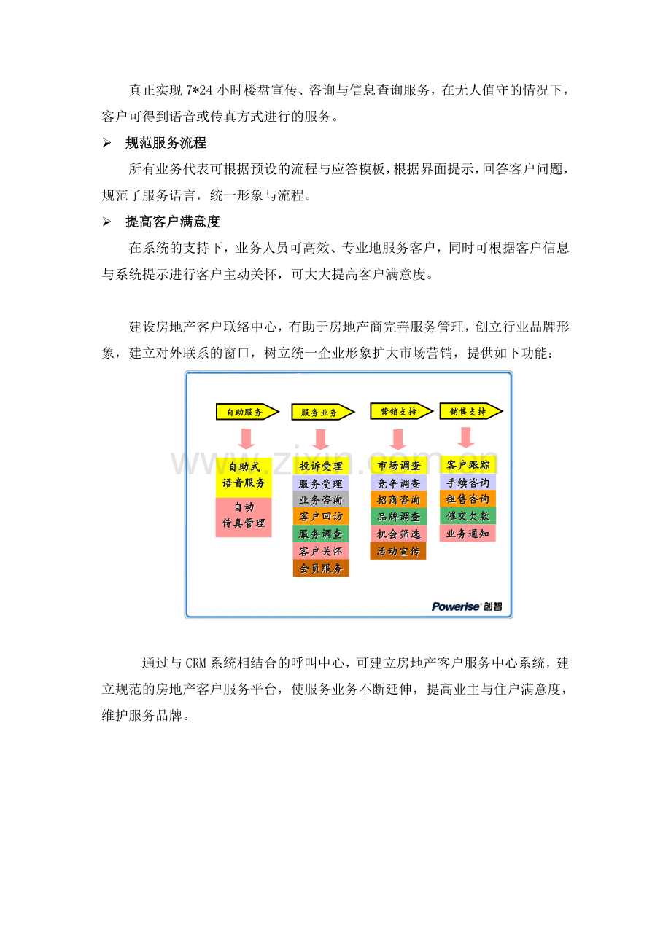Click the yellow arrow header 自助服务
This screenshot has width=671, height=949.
[x=247, y=411]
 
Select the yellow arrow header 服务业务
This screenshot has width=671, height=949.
[x=322, y=412]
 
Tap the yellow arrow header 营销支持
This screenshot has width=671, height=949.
[x=401, y=411]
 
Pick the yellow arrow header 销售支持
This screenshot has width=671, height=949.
[x=471, y=411]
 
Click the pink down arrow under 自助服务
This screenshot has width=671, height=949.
[x=246, y=439]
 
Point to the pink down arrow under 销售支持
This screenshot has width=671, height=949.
[x=466, y=437]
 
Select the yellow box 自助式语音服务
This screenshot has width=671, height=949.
[x=244, y=477]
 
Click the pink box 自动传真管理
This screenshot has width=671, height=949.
[x=244, y=517]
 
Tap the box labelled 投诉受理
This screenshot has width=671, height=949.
[x=321, y=466]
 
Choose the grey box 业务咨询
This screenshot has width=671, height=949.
[x=321, y=499]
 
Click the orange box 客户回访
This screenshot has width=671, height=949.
[x=321, y=516]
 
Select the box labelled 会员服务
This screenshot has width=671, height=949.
[x=321, y=568]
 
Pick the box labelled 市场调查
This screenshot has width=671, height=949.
[x=398, y=465]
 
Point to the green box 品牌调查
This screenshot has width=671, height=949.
[x=398, y=517]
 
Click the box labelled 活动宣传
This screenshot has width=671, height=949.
[x=398, y=551]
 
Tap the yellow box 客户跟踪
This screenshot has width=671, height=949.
[x=468, y=465]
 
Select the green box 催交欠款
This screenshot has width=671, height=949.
[x=468, y=515]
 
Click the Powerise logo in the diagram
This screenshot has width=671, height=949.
[x=467, y=606]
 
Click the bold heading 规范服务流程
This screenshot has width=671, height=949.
[x=166, y=143]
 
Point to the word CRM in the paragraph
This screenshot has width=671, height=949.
[x=195, y=663]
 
